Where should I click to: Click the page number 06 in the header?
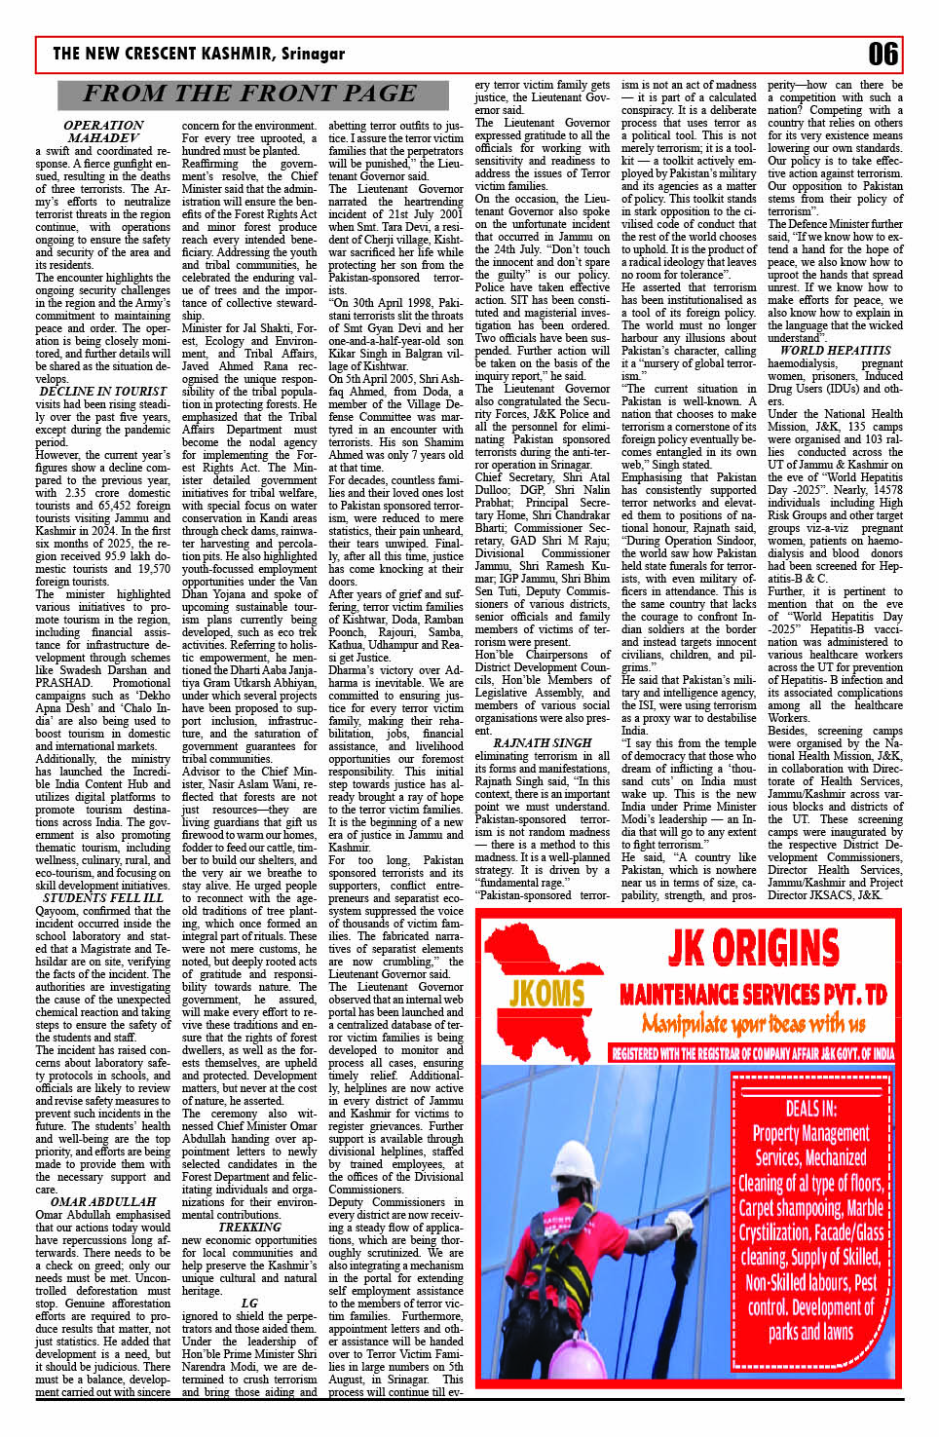(x=883, y=54)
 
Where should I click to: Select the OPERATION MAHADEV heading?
(x=103, y=132)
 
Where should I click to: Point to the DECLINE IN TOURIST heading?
(x=102, y=391)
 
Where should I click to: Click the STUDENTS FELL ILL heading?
(x=103, y=897)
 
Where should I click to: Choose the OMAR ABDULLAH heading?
(x=103, y=1201)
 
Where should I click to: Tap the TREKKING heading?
(x=249, y=1227)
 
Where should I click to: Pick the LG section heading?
(x=249, y=1303)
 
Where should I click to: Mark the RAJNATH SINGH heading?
(x=543, y=742)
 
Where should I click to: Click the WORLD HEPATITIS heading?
(x=836, y=350)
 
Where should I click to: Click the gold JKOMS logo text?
(x=546, y=993)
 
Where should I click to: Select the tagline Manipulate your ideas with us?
(x=753, y=1023)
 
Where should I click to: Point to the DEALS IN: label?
(x=810, y=1108)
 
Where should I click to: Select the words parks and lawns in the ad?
(x=810, y=1332)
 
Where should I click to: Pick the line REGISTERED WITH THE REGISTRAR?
(x=753, y=1053)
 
